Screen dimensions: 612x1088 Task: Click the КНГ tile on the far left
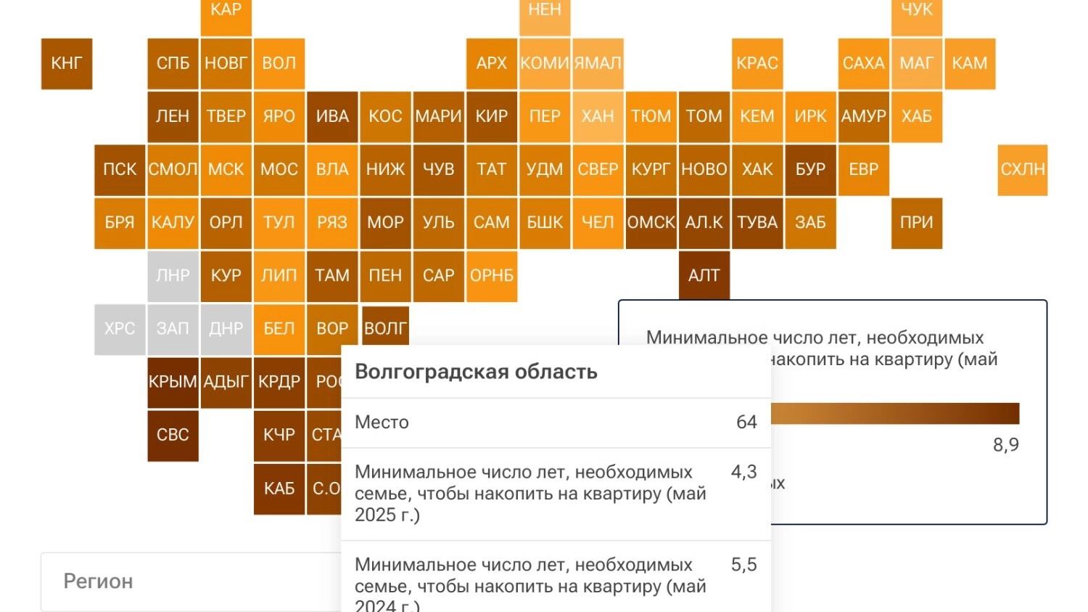point(67,64)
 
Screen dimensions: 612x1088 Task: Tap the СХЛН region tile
point(1023,170)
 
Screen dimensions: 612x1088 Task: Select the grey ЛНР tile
point(173,276)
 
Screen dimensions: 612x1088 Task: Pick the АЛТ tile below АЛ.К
point(704,276)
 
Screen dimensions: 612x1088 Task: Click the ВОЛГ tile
point(385,329)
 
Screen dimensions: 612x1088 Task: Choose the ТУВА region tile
point(757,223)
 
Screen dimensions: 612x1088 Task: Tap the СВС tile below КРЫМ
point(173,436)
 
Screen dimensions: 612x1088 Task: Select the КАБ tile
point(279,489)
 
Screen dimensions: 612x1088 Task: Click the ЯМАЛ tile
point(598,64)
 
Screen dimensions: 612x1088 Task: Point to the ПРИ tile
point(917,223)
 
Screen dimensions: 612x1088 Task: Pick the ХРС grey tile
point(120,329)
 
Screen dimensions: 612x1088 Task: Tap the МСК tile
point(226,170)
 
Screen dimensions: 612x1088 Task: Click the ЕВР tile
point(864,170)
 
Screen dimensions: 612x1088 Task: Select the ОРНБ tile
point(492,276)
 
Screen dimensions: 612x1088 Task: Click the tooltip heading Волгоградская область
point(476,372)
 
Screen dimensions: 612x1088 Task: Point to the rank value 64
point(746,422)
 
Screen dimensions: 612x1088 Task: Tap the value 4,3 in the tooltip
point(743,472)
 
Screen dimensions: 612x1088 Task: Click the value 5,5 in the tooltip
point(743,565)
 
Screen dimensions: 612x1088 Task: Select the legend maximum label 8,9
point(1005,445)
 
